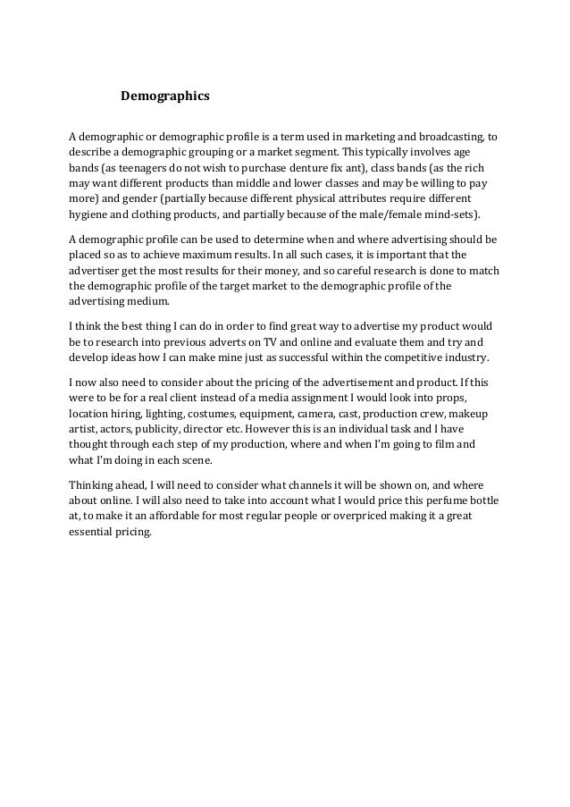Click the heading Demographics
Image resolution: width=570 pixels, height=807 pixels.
[x=165, y=93]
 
